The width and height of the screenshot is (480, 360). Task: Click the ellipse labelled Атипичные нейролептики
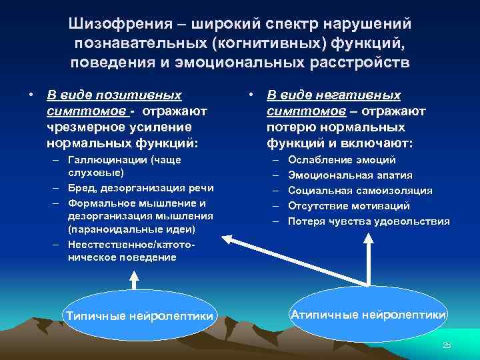click(x=368, y=314)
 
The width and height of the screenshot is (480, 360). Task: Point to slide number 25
click(x=447, y=344)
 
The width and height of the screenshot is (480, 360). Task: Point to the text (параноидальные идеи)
click(x=131, y=229)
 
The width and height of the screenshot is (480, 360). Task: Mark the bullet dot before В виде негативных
click(x=249, y=96)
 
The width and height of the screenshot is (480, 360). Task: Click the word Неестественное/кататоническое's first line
click(x=132, y=245)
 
